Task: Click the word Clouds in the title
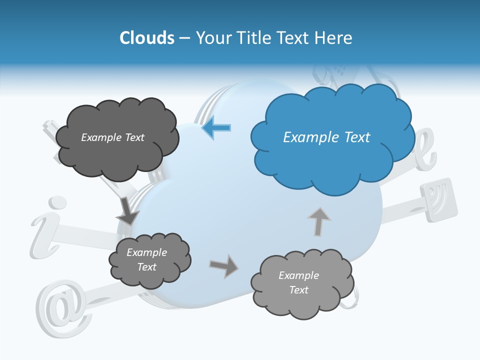[147, 38]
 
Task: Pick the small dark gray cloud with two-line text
[149, 260]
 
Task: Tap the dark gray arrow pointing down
[127, 212]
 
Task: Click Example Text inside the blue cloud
[326, 137]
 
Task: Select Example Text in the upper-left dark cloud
[112, 137]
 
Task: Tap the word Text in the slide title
[294, 38]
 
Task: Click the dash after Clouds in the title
[184, 38]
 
